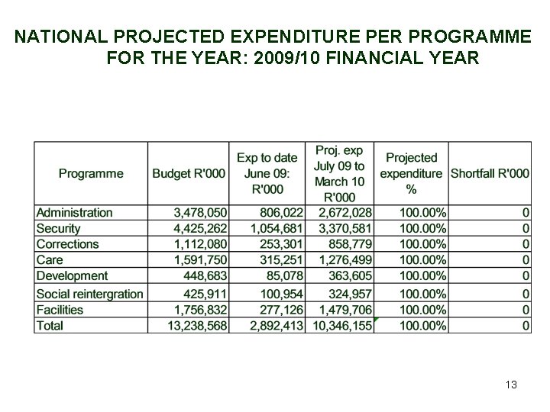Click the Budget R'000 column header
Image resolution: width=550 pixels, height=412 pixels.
[x=189, y=173]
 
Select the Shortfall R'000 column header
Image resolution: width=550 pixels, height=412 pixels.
[x=490, y=173]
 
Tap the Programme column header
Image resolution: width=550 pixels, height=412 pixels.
[x=91, y=173]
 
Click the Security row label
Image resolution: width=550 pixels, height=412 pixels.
[x=58, y=228]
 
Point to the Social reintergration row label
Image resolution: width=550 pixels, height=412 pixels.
[x=90, y=294]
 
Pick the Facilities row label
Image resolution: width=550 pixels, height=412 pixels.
[x=60, y=310]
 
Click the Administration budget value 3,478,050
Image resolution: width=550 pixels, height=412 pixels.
[x=200, y=213]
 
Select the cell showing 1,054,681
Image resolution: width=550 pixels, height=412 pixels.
[x=276, y=228]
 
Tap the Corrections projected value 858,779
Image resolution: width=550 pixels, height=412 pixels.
[x=350, y=244]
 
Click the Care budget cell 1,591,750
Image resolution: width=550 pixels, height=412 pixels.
[x=200, y=260]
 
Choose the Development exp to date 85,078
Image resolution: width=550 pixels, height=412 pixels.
[x=284, y=275]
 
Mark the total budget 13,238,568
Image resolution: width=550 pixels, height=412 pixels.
[x=197, y=326]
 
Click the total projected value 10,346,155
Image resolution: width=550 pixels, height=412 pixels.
[x=342, y=326]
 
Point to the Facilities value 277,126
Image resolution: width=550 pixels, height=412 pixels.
[x=281, y=310]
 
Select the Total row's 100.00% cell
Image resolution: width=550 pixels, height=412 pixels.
[x=422, y=326]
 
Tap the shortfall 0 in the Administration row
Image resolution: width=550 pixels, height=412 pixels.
[x=526, y=213]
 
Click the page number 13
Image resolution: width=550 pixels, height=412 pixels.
[x=511, y=385]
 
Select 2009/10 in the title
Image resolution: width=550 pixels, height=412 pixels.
[x=286, y=58]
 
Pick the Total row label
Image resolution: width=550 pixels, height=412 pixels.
[x=50, y=326]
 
